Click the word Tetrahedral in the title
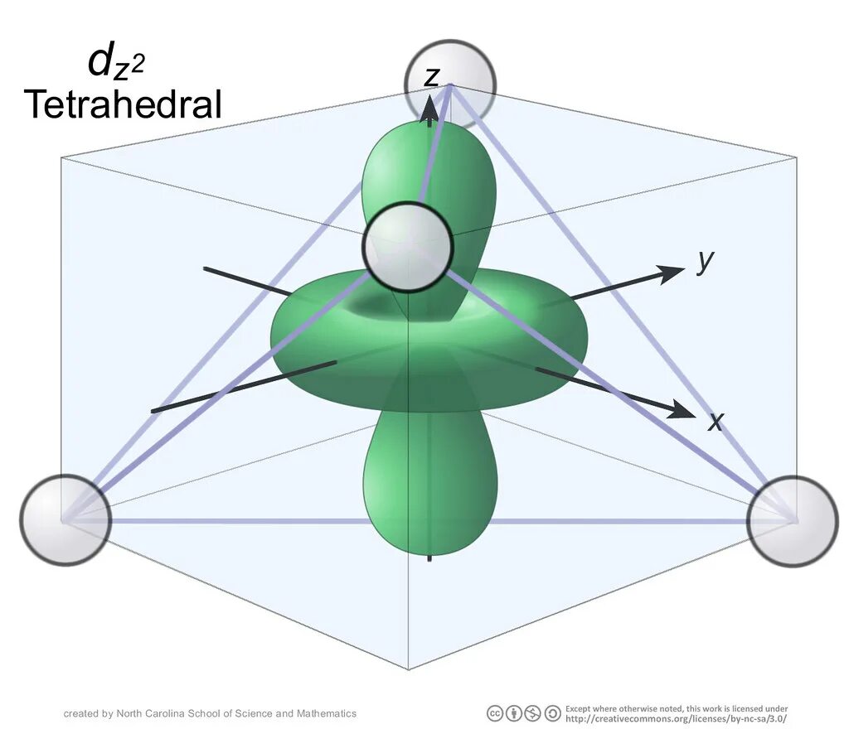tap(123, 105)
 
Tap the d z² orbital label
tap(115, 63)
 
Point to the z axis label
tap(431, 76)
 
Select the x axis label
tap(716, 422)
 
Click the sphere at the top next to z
tap(450, 84)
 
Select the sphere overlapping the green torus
tap(408, 247)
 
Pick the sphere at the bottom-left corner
tap(65, 519)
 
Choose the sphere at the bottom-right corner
tap(793, 521)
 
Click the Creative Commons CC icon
tap(495, 713)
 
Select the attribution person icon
tap(514, 713)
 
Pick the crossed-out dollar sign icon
tap(533, 713)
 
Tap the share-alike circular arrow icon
tap(552, 713)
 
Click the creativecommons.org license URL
tap(676, 718)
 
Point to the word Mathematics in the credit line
tap(327, 713)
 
